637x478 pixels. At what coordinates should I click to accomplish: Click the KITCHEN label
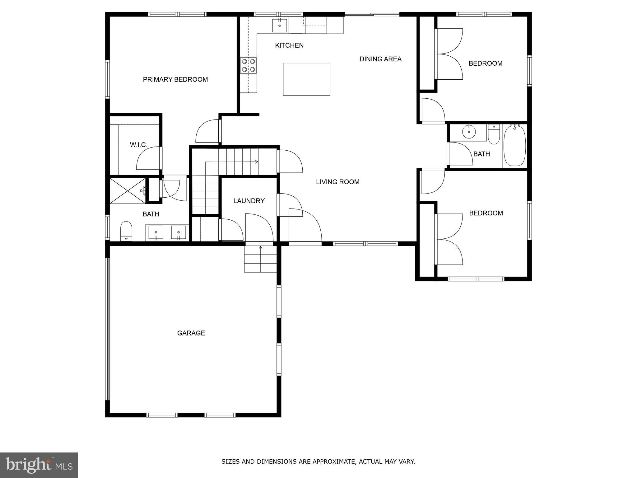click(x=289, y=45)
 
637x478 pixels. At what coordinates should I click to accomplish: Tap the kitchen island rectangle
click(x=306, y=79)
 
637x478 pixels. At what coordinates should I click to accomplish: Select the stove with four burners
click(x=248, y=66)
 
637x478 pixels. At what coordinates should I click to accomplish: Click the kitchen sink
click(x=279, y=26)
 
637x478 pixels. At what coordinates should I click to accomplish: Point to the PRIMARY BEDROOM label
click(x=175, y=80)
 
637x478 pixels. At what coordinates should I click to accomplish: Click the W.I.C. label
click(x=138, y=145)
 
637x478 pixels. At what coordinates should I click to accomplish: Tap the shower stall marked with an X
click(x=128, y=191)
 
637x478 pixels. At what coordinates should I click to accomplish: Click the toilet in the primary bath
click(x=126, y=231)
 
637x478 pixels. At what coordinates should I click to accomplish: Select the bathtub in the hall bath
click(x=514, y=146)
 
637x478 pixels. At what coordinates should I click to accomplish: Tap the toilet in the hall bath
click(x=494, y=134)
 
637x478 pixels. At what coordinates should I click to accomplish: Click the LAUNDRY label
click(x=249, y=201)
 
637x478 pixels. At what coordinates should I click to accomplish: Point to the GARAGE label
click(x=191, y=333)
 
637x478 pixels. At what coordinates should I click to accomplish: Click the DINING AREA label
click(x=380, y=59)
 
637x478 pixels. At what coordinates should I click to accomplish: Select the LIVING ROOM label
click(x=337, y=182)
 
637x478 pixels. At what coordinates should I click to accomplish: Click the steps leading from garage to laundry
click(x=260, y=259)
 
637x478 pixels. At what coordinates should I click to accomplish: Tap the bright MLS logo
click(x=39, y=465)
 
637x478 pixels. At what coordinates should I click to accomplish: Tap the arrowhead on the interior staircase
click(x=257, y=162)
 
